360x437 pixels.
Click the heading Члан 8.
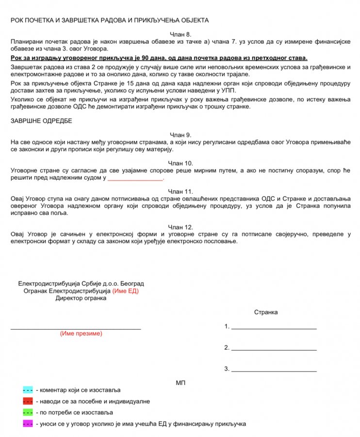[x=180, y=34]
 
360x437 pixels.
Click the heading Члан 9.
[x=180, y=134]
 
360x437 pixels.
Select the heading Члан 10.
[x=180, y=163]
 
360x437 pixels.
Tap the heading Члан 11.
[x=180, y=192]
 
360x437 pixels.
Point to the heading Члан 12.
[x=180, y=227]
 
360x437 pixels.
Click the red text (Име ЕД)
[x=126, y=291]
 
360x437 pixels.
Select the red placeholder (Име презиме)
[x=81, y=334]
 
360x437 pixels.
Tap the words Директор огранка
[x=81, y=298]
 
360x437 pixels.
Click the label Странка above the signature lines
[x=266, y=312]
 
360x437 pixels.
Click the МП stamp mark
[x=180, y=383]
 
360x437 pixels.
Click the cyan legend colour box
[x=28, y=390]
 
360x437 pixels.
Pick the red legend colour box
[x=28, y=402]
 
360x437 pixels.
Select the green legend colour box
[x=28, y=413]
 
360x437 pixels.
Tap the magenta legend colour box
[x=28, y=424]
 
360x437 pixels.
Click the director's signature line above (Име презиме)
[x=76, y=329]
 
